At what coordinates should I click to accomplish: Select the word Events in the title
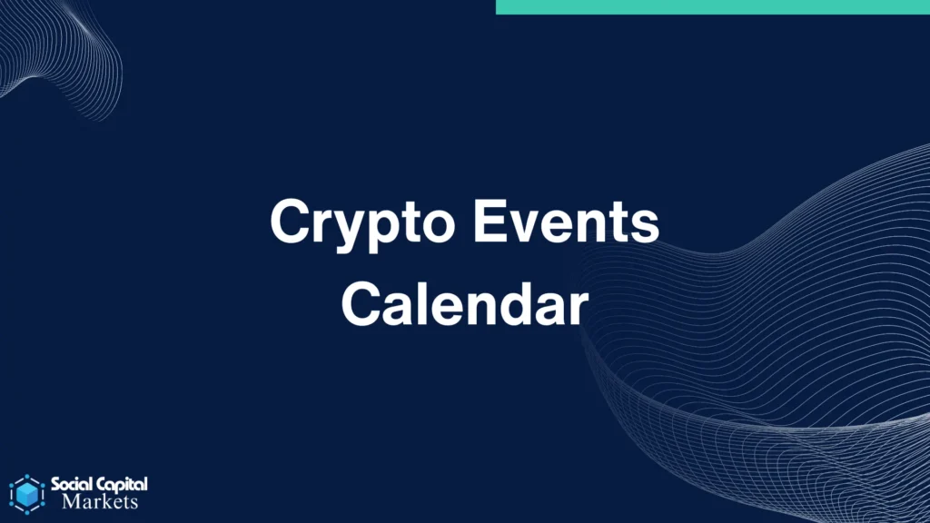point(566,221)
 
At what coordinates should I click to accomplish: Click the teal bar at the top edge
point(712,7)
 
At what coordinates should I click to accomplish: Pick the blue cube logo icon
point(26,494)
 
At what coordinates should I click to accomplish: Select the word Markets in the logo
point(100,501)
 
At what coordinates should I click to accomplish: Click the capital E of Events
point(490,221)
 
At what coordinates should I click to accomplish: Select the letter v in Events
point(526,227)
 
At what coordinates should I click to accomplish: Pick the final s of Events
point(645,227)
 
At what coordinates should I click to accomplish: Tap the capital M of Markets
point(72,501)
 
